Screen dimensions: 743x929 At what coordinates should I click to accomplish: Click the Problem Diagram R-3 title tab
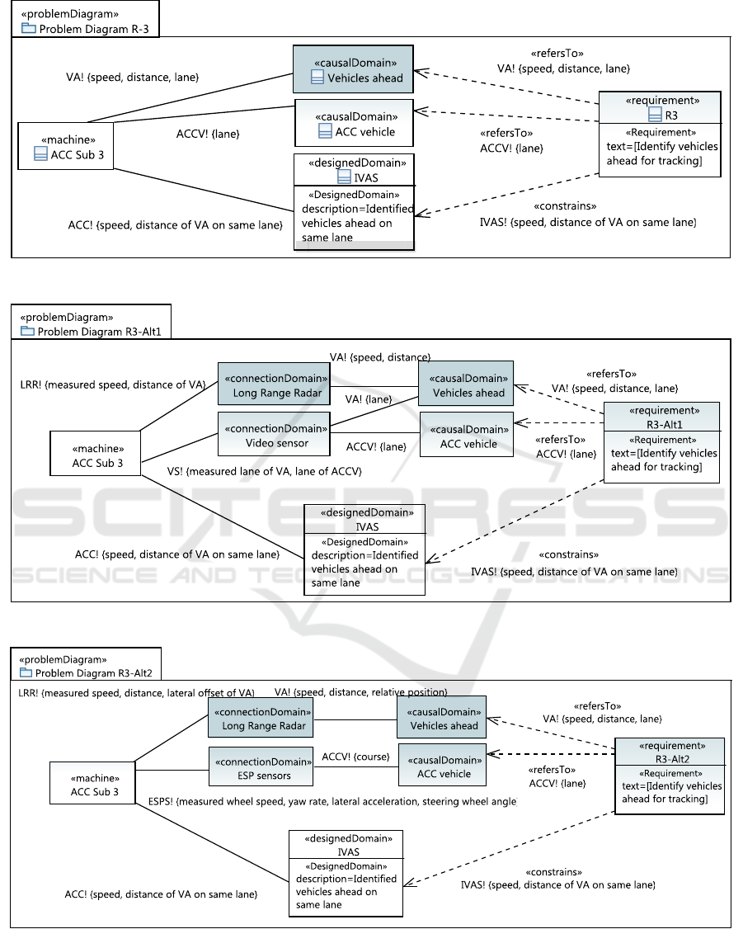pos(85,19)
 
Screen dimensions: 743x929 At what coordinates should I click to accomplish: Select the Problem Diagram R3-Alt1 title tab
pos(92,322)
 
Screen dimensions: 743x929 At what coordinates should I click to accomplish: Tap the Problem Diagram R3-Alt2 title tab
pos(86,663)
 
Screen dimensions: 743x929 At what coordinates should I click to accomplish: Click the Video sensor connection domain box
pos(274,434)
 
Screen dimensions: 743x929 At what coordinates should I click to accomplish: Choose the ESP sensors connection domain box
pos(261,767)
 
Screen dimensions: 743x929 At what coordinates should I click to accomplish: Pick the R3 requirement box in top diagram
pos(660,134)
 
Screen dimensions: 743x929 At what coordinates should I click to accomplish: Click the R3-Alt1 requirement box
pos(662,442)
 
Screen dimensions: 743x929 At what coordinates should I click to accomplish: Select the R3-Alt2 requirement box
pos(670,776)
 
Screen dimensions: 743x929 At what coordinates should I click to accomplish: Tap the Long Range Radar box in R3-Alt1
pos(274,384)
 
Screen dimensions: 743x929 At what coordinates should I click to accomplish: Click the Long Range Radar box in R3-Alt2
pos(261,718)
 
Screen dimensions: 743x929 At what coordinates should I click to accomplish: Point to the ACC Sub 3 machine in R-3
pos(66,146)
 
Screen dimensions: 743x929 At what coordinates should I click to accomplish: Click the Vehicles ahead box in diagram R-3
pos(354,69)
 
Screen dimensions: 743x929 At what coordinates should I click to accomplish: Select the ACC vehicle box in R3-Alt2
pos(443,765)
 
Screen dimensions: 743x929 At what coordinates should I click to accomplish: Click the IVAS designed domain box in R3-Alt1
pos(364,549)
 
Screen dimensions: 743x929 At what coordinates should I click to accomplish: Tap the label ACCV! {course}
pos(355,757)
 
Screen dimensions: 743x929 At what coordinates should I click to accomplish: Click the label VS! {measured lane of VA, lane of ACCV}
pos(265,472)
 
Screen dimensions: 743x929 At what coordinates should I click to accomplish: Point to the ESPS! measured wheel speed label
pos(332,802)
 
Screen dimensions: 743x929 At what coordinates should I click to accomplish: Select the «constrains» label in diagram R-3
pos(566,206)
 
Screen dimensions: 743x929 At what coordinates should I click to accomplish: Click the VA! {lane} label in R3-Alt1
pos(369,399)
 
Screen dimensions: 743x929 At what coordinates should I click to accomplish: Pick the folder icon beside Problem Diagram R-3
pos(28,28)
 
